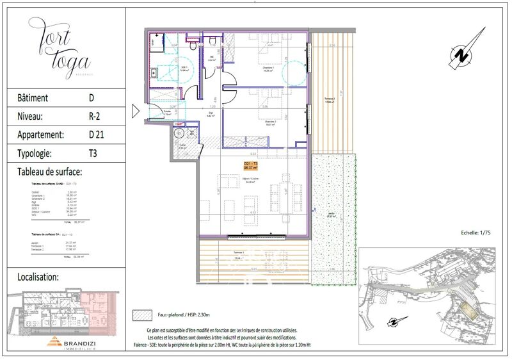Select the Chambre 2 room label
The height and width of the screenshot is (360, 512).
(270, 123)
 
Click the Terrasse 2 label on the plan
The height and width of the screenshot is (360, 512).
(330, 100)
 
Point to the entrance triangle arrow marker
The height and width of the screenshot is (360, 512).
(135, 111)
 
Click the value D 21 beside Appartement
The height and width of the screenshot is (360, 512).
(97, 135)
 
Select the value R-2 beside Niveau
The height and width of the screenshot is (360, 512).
(96, 117)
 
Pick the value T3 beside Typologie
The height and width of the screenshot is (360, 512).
(93, 154)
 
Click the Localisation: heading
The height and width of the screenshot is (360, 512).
(36, 277)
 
